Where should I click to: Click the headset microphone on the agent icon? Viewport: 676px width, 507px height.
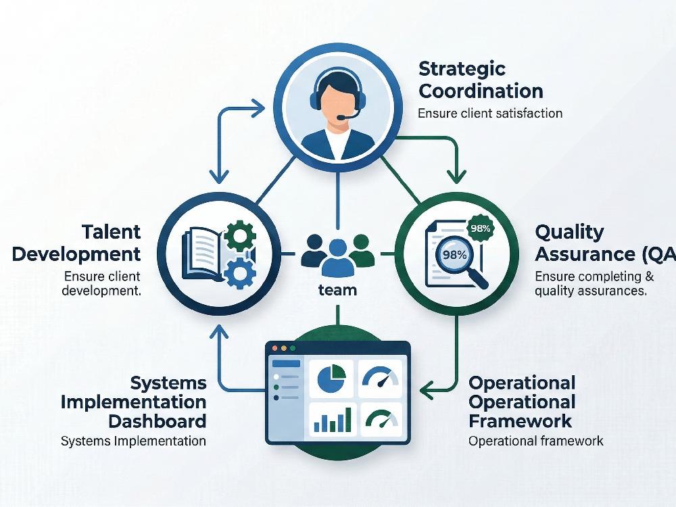(347, 116)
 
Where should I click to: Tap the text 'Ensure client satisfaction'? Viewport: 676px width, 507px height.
(490, 113)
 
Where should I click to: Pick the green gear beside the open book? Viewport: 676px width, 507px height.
(240, 236)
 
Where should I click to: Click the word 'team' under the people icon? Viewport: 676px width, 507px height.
(337, 290)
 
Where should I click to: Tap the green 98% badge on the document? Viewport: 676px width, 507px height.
(481, 228)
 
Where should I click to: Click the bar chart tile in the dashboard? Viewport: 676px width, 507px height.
(333, 419)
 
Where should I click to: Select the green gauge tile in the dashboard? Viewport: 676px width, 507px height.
(381, 419)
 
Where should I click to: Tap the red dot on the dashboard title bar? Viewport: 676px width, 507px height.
(274, 348)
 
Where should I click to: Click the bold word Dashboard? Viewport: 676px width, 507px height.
(158, 421)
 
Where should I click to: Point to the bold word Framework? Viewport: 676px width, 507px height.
(521, 420)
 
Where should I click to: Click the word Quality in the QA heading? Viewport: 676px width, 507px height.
(569, 233)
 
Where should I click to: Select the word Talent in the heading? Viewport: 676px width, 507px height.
(112, 232)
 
